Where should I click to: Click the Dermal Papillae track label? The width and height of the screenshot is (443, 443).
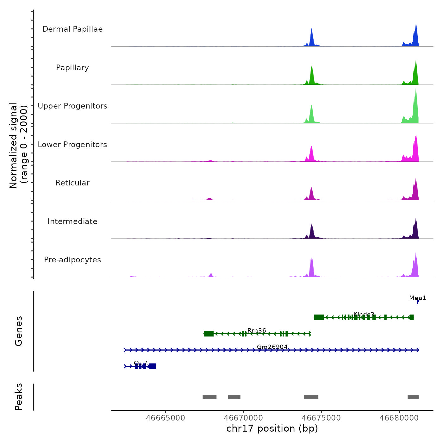coord(72,29)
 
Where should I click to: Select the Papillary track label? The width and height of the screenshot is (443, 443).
coord(72,68)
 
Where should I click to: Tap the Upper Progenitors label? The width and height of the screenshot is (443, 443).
coord(72,106)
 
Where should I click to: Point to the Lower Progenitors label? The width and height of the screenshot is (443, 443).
coord(72,145)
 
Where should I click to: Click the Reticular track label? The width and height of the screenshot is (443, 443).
coord(72,183)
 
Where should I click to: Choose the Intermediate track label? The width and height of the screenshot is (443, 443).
coord(72,221)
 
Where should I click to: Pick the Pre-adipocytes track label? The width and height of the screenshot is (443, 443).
coord(72,260)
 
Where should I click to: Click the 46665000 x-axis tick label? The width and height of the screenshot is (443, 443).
coord(165,418)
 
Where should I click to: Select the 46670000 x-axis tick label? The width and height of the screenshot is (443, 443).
coord(243,418)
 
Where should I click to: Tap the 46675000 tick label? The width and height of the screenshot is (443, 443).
coord(321,418)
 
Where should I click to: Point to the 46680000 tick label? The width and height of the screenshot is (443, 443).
coord(399,418)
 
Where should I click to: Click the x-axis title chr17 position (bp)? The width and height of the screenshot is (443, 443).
coord(272,428)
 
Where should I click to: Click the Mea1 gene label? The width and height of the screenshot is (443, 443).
coord(417,298)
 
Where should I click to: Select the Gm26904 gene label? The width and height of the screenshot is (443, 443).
coord(272,347)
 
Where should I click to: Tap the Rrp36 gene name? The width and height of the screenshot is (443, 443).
coord(257,330)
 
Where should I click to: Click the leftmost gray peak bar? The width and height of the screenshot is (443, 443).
coord(209,397)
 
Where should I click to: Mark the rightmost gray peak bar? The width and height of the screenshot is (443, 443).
coord(413,397)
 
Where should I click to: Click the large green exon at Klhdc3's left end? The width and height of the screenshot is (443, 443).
coord(319,317)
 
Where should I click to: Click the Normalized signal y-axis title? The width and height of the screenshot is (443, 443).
coord(18,146)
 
